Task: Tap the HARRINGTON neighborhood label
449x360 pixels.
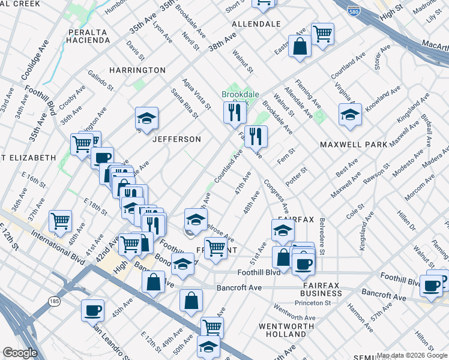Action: click(137, 70)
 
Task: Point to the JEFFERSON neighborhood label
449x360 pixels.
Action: click(176, 139)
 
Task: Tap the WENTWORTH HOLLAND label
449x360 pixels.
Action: click(282, 329)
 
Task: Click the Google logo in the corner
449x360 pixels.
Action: click(20, 352)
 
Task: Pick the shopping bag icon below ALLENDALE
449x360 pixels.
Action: click(299, 46)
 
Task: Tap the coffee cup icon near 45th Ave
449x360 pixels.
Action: click(92, 310)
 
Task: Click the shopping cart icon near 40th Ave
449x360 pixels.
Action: click(60, 221)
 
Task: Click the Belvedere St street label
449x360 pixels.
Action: click(322, 236)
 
